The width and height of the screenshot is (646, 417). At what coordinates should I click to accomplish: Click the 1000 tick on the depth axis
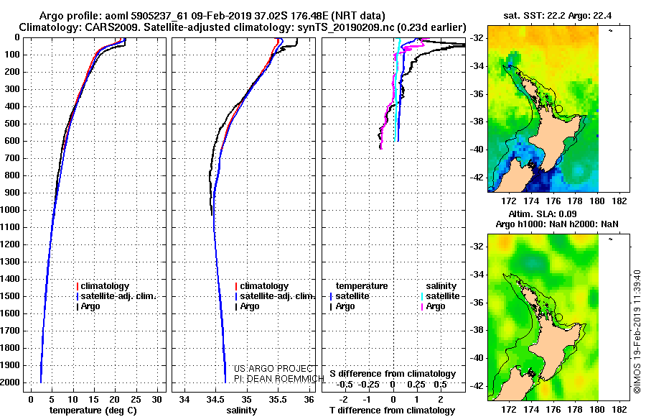pyautogui.click(x=11, y=210)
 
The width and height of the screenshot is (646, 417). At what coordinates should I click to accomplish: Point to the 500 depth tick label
pyautogui.click(x=13, y=124)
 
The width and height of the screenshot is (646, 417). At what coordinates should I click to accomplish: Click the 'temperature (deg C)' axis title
pyautogui.click(x=93, y=411)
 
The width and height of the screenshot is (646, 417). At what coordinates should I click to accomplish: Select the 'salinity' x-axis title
pyautogui.click(x=241, y=411)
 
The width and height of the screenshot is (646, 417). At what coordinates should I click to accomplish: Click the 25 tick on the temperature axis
pyautogui.click(x=136, y=399)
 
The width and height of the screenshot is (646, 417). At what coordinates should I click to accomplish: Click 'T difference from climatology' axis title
pyautogui.click(x=392, y=411)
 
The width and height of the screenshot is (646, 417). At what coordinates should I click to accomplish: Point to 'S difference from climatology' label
pyautogui.click(x=393, y=374)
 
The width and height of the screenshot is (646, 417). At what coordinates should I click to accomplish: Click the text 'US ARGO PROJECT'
pyautogui.click(x=273, y=368)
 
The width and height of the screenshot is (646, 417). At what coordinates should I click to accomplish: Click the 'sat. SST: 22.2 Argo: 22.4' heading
pyautogui.click(x=558, y=16)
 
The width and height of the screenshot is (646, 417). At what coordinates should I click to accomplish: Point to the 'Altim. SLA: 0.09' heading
pyautogui.click(x=543, y=214)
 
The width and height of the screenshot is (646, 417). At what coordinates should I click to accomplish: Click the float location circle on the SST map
pyautogui.click(x=558, y=109)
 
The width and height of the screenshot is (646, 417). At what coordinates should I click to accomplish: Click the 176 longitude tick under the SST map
pyautogui.click(x=553, y=201)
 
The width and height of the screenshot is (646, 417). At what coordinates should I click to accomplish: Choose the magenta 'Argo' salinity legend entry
pyautogui.click(x=434, y=306)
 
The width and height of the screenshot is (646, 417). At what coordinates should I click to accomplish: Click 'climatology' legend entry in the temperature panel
pyautogui.click(x=103, y=285)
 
